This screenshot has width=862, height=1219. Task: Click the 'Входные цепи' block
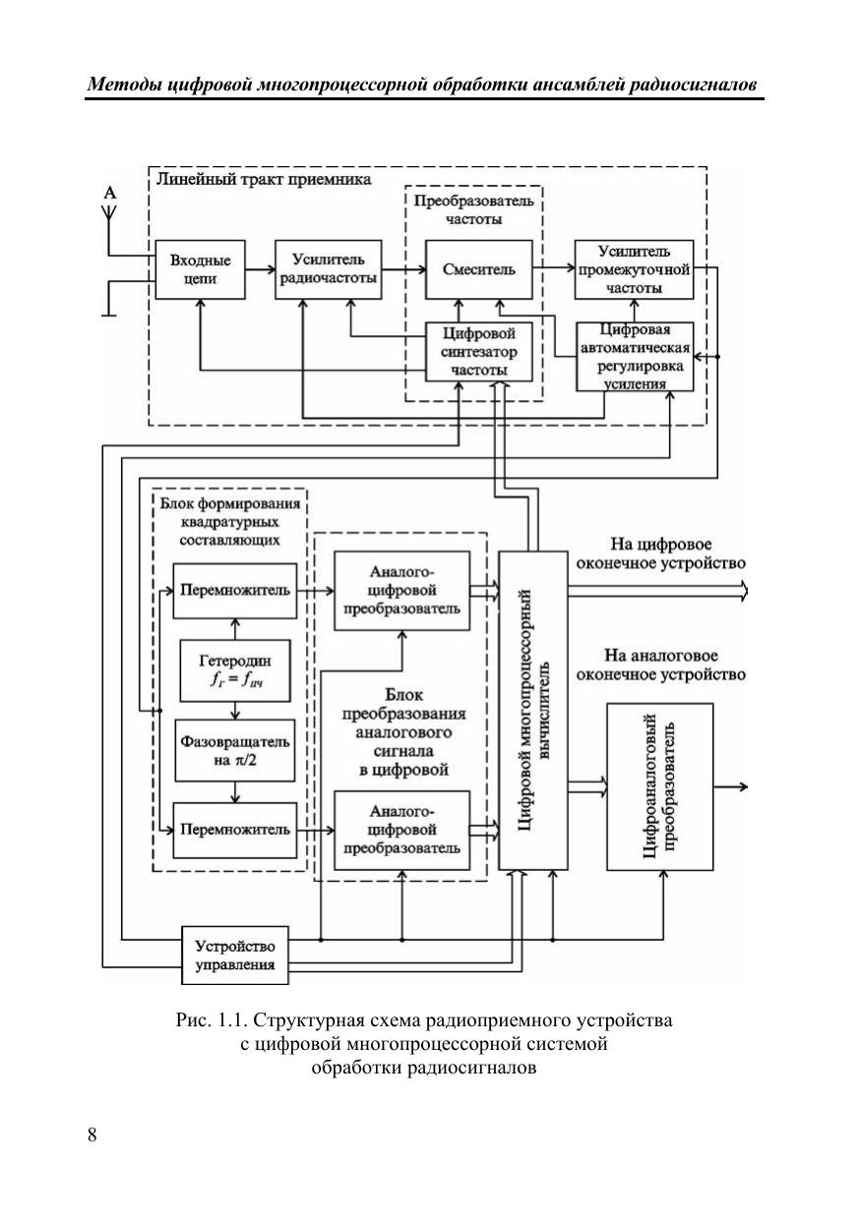(x=200, y=269)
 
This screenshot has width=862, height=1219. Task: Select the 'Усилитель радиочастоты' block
(x=329, y=269)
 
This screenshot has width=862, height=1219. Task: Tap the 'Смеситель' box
(x=479, y=269)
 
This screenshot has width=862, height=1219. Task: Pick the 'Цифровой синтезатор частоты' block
(x=479, y=351)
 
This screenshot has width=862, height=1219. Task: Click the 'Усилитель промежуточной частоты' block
(x=634, y=269)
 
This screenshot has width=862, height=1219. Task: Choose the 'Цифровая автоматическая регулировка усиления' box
(x=634, y=356)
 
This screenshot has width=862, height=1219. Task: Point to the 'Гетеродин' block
(x=234, y=670)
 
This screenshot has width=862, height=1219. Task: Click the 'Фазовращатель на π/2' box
(x=234, y=749)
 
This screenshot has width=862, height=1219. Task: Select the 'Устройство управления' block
(x=234, y=955)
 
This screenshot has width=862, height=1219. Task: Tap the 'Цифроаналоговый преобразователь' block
(x=658, y=786)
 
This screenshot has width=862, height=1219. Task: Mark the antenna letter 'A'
(x=110, y=195)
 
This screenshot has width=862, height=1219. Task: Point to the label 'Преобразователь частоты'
(x=473, y=210)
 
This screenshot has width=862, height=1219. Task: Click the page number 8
(x=92, y=1135)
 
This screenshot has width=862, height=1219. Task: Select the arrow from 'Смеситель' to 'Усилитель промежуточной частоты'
(x=553, y=264)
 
